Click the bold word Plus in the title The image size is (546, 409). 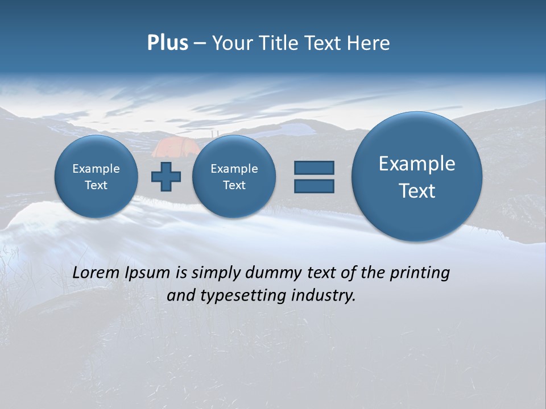(x=167, y=43)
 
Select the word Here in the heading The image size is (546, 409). (x=370, y=43)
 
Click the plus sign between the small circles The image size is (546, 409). (x=166, y=177)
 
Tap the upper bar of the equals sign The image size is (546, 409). (x=314, y=168)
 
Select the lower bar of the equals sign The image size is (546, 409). (x=314, y=186)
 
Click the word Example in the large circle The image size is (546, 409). (x=417, y=164)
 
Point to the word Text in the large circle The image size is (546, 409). (x=417, y=191)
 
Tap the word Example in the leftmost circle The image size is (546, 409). (x=96, y=169)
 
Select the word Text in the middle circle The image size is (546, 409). (x=234, y=185)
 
